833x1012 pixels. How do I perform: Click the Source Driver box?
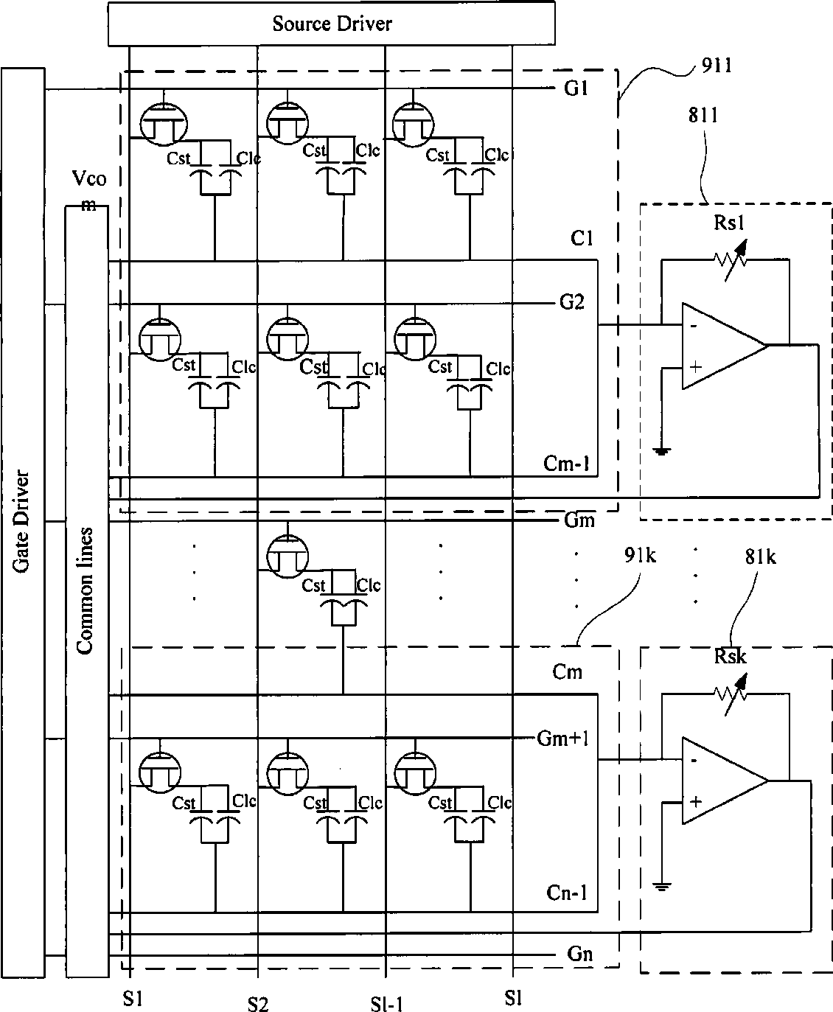pyautogui.click(x=332, y=24)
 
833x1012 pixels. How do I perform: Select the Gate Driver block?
pyautogui.click(x=23, y=523)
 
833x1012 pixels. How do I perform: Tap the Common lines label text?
pyautogui.click(x=86, y=590)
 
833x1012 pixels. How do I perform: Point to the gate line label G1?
pyautogui.click(x=576, y=88)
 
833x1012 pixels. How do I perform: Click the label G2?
pyautogui.click(x=572, y=302)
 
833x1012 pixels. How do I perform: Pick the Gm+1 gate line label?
pyautogui.click(x=562, y=738)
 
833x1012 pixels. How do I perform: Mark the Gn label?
pyautogui.click(x=579, y=954)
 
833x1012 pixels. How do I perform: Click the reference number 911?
pyautogui.click(x=717, y=66)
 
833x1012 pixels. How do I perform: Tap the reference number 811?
pyautogui.click(x=703, y=115)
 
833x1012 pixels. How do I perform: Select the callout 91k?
pyautogui.click(x=640, y=555)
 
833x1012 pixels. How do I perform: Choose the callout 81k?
pyautogui.click(x=761, y=556)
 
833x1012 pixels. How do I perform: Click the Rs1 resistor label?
pyautogui.click(x=729, y=223)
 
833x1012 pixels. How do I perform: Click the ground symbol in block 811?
pyautogui.click(x=662, y=450)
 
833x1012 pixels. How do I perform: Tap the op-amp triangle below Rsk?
pyautogui.click(x=725, y=781)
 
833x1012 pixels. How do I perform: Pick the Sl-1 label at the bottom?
pyautogui.click(x=387, y=1002)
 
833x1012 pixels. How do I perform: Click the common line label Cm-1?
pyautogui.click(x=566, y=463)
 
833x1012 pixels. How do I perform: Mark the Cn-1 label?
pyautogui.click(x=567, y=893)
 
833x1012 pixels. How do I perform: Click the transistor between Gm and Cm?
pyautogui.click(x=287, y=556)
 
